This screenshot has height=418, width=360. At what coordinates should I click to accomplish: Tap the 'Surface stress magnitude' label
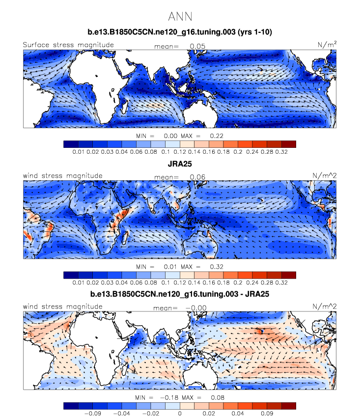[68, 45]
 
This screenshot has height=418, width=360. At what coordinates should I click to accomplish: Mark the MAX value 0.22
[217, 136]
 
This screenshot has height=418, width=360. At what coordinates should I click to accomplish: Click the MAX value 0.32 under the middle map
[217, 266]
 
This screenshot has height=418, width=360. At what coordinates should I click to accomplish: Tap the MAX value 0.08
[217, 397]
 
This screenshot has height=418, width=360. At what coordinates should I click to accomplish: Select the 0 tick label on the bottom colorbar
[180, 414]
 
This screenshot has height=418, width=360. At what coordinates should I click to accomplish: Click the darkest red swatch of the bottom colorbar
[288, 406]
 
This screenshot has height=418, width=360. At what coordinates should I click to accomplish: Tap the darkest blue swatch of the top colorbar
[71, 144]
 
